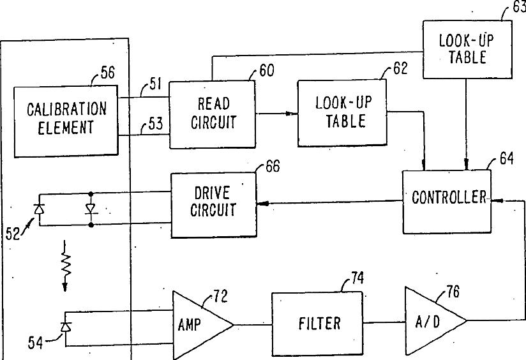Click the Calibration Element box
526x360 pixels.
66,121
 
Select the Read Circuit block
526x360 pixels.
212,114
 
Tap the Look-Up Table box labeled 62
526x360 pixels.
343,113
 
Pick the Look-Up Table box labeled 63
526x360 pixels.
467,49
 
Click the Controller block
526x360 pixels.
447,202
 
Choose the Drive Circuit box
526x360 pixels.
214,205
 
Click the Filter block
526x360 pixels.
317,324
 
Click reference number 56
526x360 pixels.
108,73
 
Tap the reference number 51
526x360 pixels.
155,84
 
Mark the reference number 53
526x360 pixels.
156,123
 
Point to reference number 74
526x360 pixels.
357,278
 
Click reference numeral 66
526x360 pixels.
273,166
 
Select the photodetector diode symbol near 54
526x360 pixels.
65,326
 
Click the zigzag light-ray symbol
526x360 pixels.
65,266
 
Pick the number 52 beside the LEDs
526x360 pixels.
13,234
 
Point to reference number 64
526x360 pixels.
507,159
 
